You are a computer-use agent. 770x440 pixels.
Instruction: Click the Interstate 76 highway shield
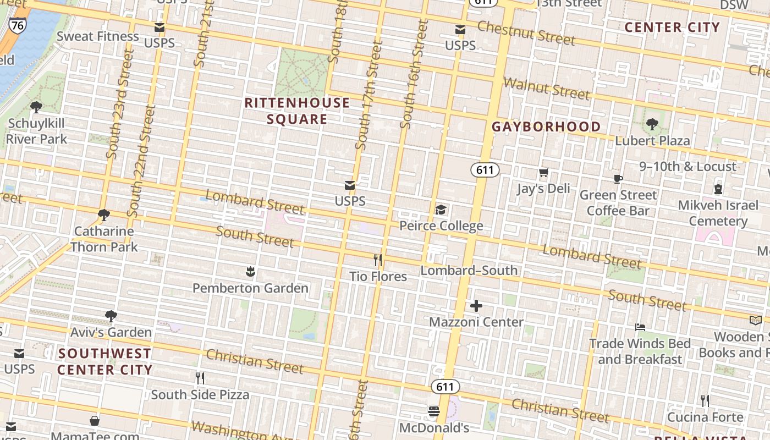click(x=17, y=25)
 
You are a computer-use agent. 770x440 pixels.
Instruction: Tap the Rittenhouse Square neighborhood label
click(x=297, y=111)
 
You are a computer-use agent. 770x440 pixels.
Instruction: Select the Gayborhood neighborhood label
click(x=546, y=127)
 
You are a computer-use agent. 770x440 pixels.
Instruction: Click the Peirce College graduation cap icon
click(x=441, y=210)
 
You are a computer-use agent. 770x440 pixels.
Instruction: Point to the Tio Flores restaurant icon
click(x=378, y=260)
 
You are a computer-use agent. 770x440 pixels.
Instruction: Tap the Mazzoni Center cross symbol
click(x=476, y=306)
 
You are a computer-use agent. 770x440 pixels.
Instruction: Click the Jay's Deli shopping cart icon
click(x=544, y=173)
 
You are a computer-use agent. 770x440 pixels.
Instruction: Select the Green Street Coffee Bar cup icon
click(x=618, y=179)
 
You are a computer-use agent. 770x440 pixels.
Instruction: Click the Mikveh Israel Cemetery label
click(x=718, y=213)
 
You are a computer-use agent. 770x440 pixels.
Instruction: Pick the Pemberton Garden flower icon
click(x=250, y=271)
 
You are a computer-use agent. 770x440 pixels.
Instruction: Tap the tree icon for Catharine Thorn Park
click(x=103, y=215)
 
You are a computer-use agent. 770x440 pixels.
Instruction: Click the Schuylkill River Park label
click(x=36, y=131)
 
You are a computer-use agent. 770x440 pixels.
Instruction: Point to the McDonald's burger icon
click(x=434, y=411)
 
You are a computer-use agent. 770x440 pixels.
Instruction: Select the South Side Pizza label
click(x=200, y=394)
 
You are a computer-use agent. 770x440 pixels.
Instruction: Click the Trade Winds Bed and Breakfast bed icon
click(x=640, y=327)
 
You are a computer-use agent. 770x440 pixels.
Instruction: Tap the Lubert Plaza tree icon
click(x=652, y=124)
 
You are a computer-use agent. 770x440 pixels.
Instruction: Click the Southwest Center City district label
click(x=105, y=361)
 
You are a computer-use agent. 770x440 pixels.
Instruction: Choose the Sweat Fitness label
click(x=98, y=36)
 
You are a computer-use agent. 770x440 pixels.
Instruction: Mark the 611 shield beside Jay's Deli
click(x=485, y=170)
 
